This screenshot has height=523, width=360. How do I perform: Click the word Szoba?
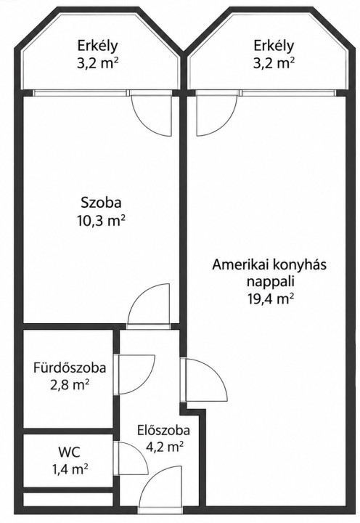tap(101, 203)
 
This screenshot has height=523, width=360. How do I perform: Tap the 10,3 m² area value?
tap(102, 220)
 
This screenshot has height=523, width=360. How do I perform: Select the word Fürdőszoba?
tap(70, 368)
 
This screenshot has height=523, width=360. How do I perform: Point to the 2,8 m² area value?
tap(70, 385)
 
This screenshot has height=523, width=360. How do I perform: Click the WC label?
tap(69, 453)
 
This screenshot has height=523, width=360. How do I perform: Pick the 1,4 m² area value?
tap(70, 470)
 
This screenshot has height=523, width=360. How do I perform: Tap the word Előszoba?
tap(163, 430)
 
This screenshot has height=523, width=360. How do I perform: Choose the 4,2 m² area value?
tap(165, 446)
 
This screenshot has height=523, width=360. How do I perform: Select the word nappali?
tap(271, 282)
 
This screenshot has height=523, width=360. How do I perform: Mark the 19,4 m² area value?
tap(270, 299)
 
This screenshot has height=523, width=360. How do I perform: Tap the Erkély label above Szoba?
tap(98, 45)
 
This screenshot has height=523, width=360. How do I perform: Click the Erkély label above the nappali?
tap(274, 45)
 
